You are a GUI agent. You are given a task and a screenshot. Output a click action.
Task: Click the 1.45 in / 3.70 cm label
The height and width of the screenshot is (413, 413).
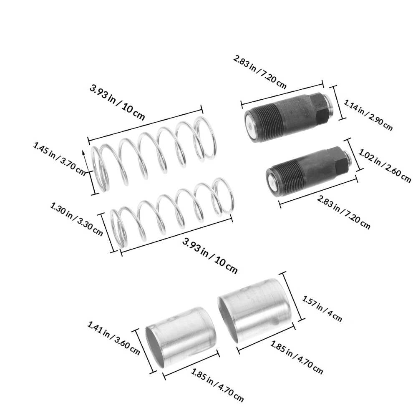(59, 159)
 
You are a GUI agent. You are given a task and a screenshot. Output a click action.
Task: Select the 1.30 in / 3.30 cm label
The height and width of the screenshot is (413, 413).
(76, 219)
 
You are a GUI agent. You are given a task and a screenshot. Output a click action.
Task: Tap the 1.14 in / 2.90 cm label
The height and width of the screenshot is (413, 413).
(368, 116)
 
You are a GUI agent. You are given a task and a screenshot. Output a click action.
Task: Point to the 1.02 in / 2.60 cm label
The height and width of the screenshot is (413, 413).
(385, 166)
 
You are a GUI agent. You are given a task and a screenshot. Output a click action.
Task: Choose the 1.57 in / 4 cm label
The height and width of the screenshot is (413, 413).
(322, 309)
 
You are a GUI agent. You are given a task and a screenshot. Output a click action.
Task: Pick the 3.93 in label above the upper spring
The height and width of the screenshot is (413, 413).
(102, 93)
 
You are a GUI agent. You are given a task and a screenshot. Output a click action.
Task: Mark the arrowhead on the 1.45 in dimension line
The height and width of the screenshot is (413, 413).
(84, 153)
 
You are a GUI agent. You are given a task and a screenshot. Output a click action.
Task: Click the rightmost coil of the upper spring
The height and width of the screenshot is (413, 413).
(205, 138)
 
